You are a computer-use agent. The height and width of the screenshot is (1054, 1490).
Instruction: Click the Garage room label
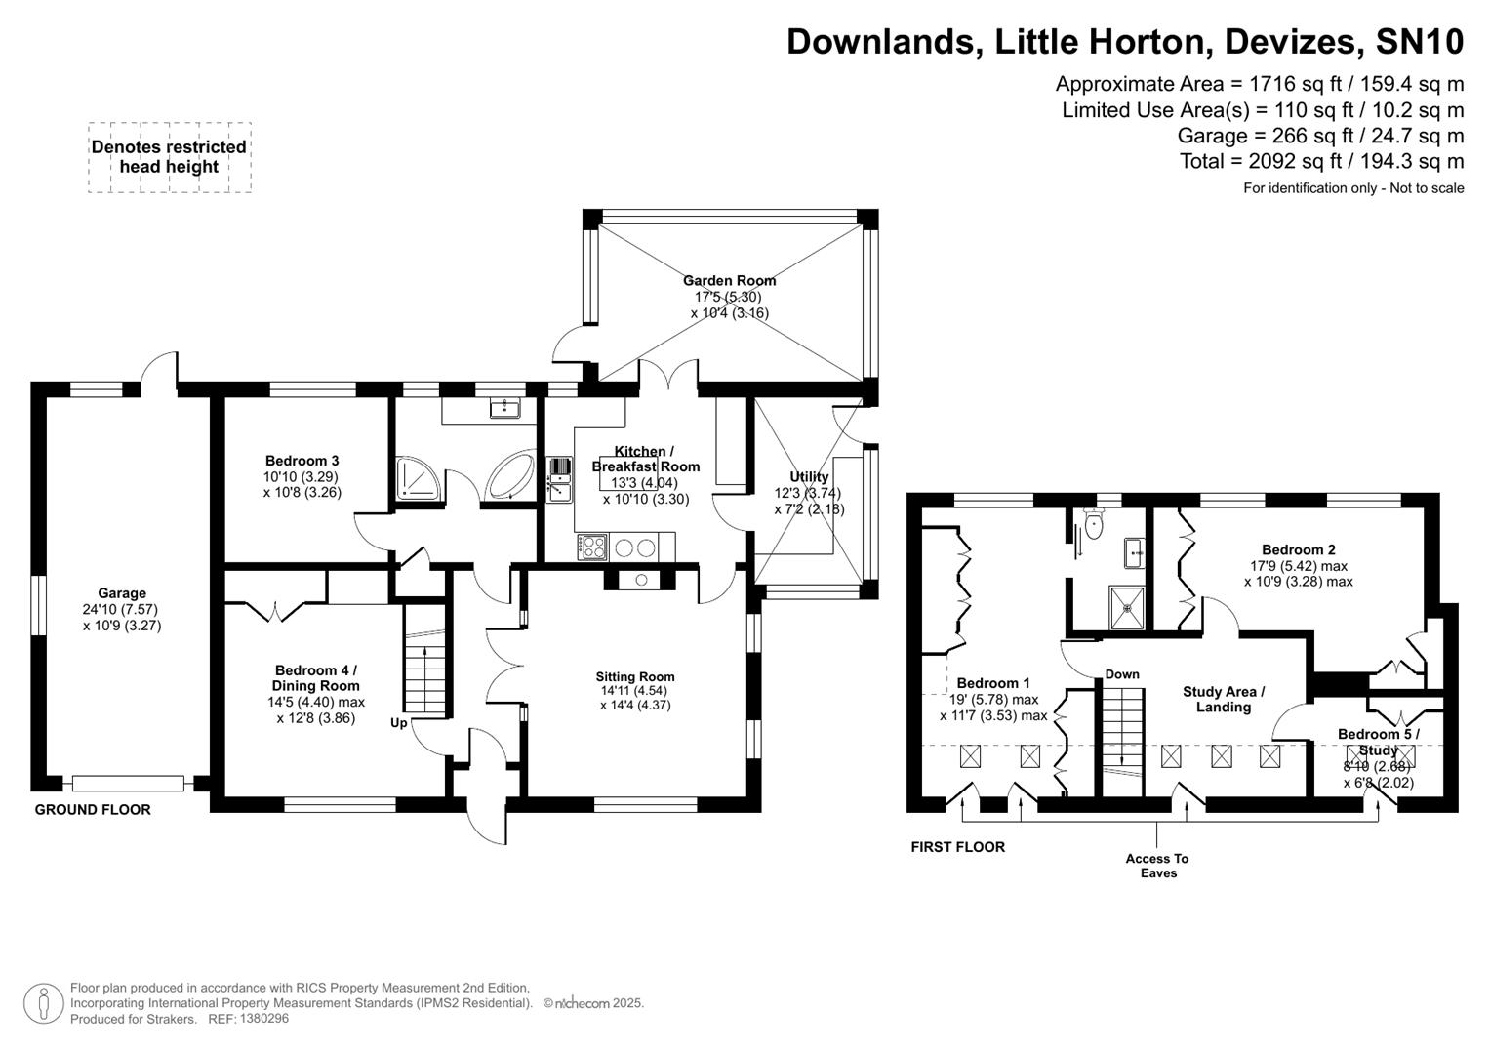(122, 593)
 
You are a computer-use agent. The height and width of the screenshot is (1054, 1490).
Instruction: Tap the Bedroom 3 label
(302, 461)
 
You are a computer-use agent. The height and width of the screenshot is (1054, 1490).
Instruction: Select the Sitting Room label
(635, 677)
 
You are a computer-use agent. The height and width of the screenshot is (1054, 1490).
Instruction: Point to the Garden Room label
(729, 281)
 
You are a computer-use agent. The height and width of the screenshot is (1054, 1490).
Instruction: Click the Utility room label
(809, 477)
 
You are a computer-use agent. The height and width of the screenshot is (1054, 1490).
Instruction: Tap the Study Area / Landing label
(1224, 699)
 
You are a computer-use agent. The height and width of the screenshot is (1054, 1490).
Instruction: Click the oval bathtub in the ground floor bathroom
(510, 477)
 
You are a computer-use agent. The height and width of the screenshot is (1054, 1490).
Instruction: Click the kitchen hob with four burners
(592, 547)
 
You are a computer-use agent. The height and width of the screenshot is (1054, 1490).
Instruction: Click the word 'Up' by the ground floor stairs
(399, 723)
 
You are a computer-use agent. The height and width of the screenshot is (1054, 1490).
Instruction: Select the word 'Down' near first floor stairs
(1122, 674)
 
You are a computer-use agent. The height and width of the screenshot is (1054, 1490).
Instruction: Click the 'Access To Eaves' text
(1157, 866)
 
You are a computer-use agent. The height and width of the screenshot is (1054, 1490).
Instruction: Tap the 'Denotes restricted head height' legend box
(169, 157)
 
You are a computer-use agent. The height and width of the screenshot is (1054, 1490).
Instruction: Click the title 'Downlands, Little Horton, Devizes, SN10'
(1124, 42)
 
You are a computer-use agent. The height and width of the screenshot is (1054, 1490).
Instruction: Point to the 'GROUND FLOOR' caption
(93, 809)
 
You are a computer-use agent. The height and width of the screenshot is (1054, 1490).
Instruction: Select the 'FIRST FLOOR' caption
(957, 847)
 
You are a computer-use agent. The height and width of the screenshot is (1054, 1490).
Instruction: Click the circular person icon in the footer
(43, 1003)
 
